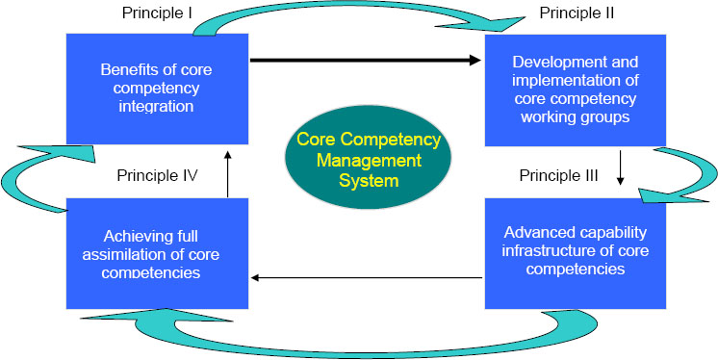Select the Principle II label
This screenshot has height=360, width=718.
click(578, 13)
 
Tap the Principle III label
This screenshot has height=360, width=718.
click(559, 176)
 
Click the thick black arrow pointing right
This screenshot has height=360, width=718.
click(366, 61)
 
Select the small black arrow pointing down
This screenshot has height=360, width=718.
click(621, 165)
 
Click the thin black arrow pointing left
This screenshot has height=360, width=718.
click(366, 278)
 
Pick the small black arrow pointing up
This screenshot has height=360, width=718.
click(227, 173)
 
